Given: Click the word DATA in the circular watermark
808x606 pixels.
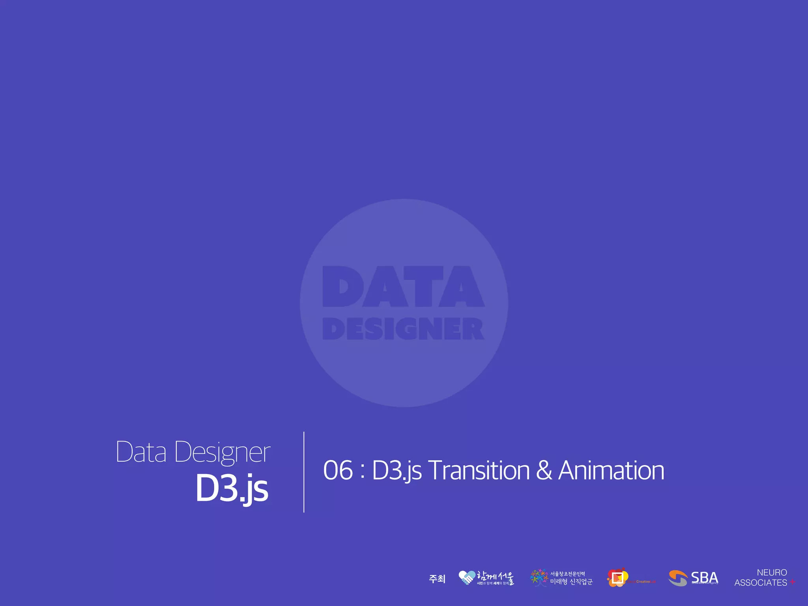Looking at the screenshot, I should (x=403, y=286).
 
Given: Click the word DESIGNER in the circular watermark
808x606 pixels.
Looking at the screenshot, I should (x=403, y=329).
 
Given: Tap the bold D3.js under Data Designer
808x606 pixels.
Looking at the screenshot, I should (x=232, y=488).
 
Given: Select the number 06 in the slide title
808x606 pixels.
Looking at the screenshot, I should (x=338, y=470).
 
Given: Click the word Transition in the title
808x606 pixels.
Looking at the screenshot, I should (x=479, y=470).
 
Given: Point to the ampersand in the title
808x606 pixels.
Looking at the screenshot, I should (x=544, y=470).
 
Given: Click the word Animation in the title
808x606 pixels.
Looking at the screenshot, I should (x=611, y=470).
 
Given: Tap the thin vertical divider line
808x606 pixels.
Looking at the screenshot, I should (x=304, y=472).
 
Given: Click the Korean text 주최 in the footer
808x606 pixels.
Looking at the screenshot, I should (x=437, y=579).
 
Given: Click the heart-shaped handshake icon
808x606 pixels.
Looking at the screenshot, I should (x=467, y=578).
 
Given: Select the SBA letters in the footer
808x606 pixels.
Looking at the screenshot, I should (x=705, y=578).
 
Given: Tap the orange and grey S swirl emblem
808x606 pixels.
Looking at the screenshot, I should (x=678, y=578).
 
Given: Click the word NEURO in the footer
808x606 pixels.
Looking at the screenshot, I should (x=772, y=572).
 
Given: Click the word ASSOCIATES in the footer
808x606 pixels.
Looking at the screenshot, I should (x=760, y=583).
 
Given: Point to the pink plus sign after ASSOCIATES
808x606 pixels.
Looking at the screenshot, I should (x=792, y=582).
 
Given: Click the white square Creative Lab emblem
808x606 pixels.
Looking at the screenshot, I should (x=617, y=578).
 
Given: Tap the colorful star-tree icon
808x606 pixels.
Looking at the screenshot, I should (x=539, y=578).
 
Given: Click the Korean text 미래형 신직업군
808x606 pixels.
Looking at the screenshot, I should (x=571, y=582).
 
